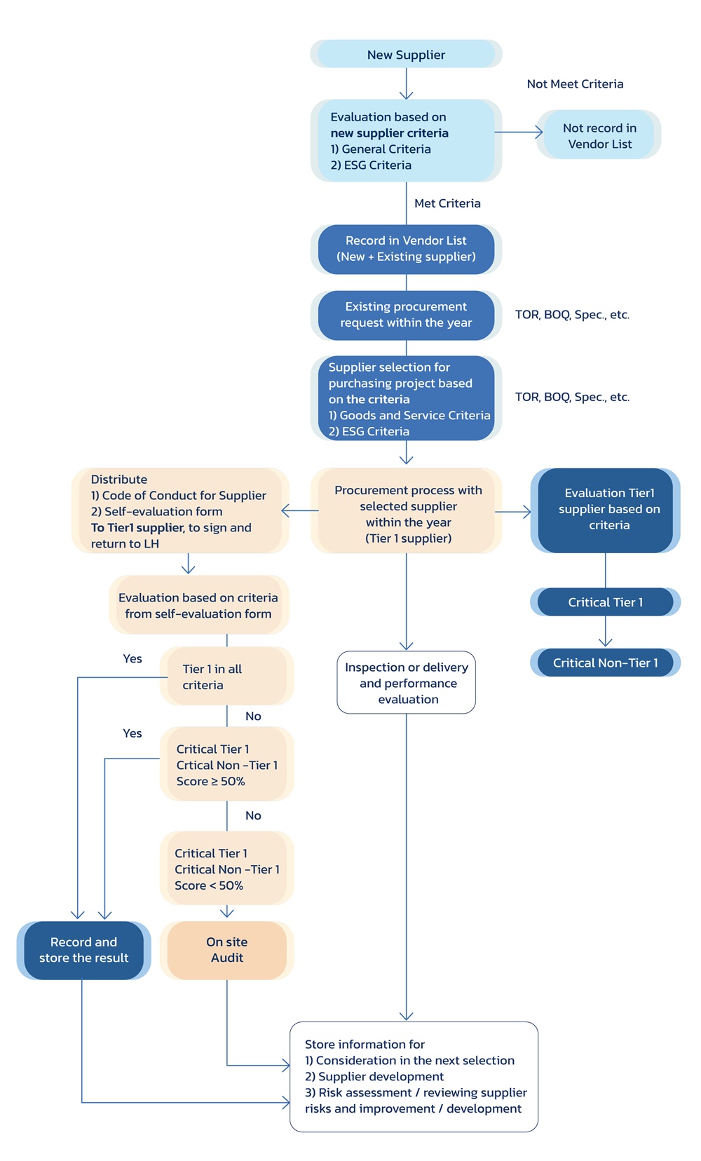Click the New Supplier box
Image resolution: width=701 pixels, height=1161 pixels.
[x=406, y=55]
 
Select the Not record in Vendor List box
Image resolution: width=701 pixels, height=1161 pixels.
[x=599, y=135]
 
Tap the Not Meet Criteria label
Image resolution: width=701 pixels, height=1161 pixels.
[x=575, y=84]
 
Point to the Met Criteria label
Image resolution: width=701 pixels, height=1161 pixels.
[x=447, y=203]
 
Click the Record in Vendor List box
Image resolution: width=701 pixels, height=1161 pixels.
[x=406, y=249]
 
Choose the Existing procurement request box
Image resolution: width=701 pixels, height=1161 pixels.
[x=406, y=315]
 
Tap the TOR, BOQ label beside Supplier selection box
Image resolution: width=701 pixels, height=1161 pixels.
[x=572, y=397]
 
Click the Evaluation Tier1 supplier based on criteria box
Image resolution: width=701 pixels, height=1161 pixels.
[x=608, y=510]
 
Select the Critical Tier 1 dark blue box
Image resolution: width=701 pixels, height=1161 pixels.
[x=605, y=602]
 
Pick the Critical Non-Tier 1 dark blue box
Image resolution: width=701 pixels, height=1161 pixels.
[x=605, y=663]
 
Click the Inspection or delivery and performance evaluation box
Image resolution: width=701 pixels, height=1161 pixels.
[x=407, y=683]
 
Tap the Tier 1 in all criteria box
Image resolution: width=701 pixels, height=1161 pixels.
[x=226, y=677]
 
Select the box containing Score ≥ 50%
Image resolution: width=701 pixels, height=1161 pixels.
[x=226, y=765]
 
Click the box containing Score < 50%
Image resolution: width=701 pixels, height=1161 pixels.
[x=226, y=869]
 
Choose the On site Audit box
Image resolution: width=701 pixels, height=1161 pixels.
[x=226, y=950]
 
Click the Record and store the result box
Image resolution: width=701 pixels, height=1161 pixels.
[x=83, y=950]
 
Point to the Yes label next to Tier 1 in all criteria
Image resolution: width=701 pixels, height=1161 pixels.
[x=132, y=659]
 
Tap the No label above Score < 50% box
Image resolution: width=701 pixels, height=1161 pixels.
[x=253, y=815]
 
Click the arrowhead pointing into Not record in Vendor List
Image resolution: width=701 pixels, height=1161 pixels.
[x=539, y=132]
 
